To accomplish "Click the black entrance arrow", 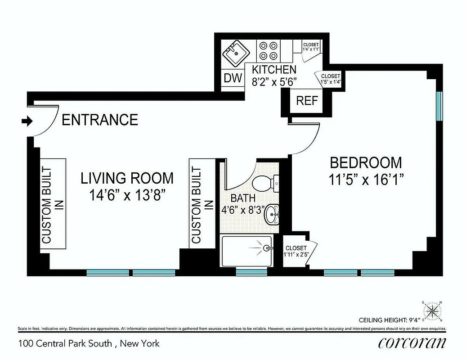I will (x=27, y=121).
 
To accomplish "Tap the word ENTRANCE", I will (x=99, y=120).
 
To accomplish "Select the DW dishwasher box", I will (x=233, y=78).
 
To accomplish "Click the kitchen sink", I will (x=235, y=53).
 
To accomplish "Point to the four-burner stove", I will (x=268, y=51).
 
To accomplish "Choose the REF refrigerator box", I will (x=307, y=100).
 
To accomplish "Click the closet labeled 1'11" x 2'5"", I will (x=296, y=251).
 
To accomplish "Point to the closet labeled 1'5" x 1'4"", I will (x=331, y=79).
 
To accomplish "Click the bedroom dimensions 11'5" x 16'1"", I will (x=365, y=180).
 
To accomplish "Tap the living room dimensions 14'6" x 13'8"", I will (x=127, y=195).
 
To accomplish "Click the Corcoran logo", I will (x=412, y=343).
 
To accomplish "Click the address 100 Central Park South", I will (x=65, y=344).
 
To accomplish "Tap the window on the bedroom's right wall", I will (x=439, y=106).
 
